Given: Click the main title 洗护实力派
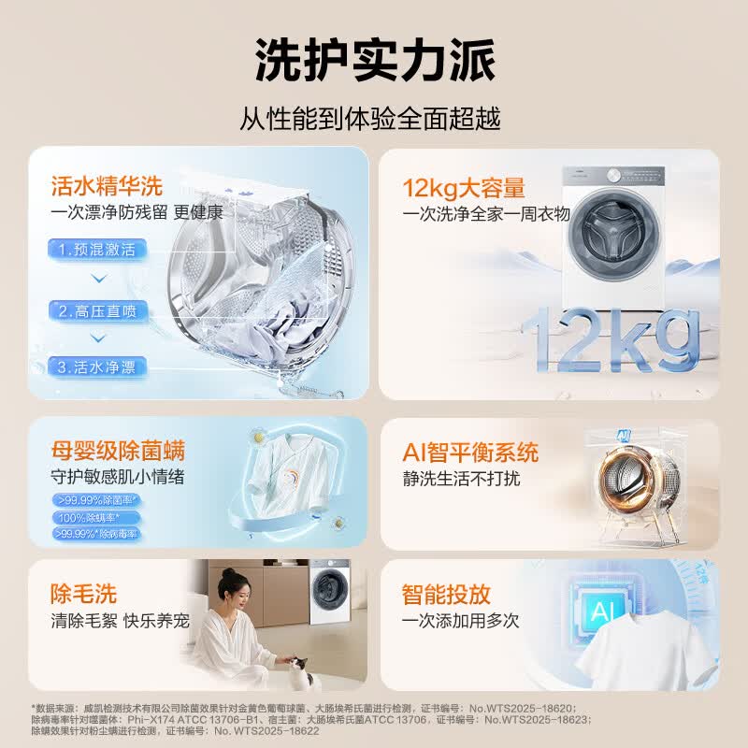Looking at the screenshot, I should (373, 62).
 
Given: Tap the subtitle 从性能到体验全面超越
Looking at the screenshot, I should (373, 119).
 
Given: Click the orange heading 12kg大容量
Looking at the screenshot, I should (464, 187).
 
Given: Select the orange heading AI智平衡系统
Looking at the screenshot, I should (470, 453).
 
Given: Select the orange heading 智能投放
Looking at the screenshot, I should (446, 594).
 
